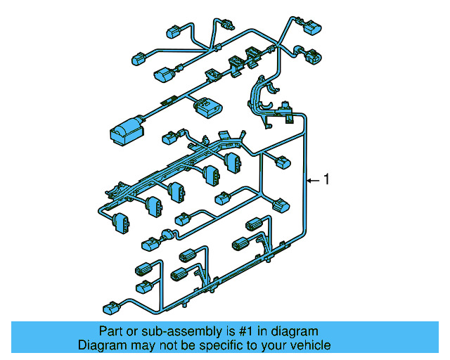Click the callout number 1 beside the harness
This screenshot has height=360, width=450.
tap(326, 180)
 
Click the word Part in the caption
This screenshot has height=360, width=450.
tap(109, 331)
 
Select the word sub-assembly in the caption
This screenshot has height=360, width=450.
tap(176, 331)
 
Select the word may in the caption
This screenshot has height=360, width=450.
tap(143, 345)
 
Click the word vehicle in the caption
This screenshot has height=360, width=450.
tap(311, 345)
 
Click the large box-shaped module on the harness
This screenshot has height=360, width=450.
tap(125, 130)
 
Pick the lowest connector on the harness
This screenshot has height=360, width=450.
tap(111, 308)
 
